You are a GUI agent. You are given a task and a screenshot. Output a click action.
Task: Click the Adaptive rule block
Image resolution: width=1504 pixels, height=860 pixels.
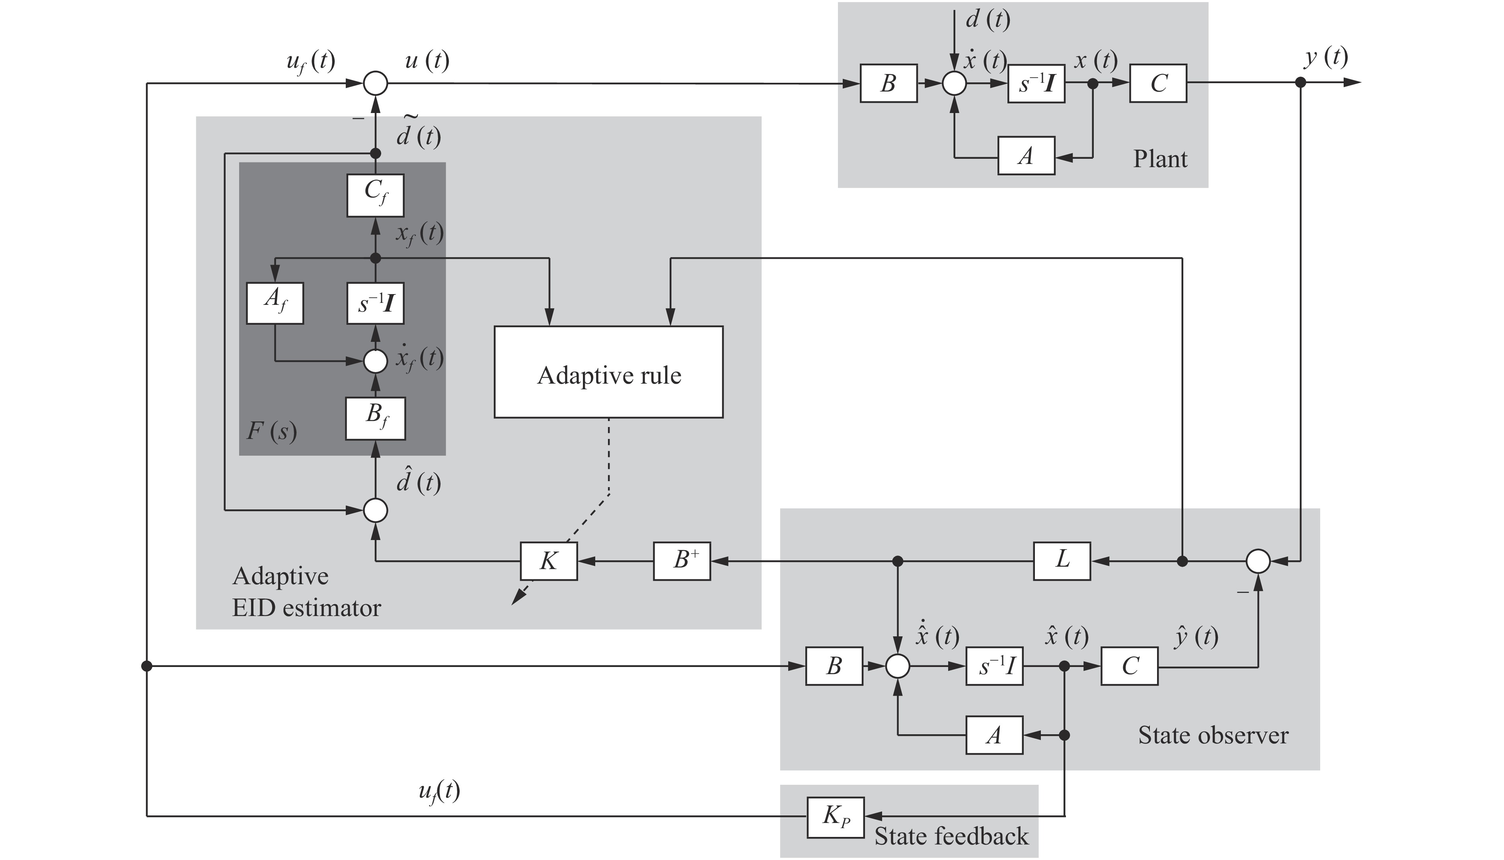point(608,372)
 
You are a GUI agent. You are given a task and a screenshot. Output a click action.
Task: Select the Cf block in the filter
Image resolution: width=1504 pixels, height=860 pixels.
point(376,195)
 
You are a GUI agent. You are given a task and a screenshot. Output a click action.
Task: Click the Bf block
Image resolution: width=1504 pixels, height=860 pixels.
point(376,418)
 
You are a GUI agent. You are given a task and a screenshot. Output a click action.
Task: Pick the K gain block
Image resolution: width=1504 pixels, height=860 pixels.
point(549,561)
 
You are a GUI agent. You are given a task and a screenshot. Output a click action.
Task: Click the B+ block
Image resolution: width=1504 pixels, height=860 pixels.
point(682,561)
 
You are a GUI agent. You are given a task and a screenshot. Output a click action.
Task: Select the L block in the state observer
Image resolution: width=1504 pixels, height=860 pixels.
point(1062,561)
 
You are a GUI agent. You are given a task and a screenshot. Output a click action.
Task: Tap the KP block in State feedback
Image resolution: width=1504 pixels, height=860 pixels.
point(836,817)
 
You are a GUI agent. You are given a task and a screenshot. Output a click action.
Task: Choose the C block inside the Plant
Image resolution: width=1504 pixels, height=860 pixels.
point(1158,83)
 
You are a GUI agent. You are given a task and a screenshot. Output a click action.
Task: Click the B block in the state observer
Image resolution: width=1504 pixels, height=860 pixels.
point(834,666)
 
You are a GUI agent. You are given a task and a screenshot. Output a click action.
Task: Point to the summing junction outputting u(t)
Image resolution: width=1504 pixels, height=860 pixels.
point(376,83)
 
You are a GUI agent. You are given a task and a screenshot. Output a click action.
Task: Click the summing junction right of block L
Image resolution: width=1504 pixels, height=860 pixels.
point(1258,561)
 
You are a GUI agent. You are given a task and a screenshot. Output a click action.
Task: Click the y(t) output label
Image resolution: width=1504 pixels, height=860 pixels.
point(1326,57)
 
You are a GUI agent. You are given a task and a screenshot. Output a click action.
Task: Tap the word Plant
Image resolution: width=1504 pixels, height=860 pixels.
point(1160,159)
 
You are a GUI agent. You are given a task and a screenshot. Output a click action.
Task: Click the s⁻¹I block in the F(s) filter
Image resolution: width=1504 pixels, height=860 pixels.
point(376,303)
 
